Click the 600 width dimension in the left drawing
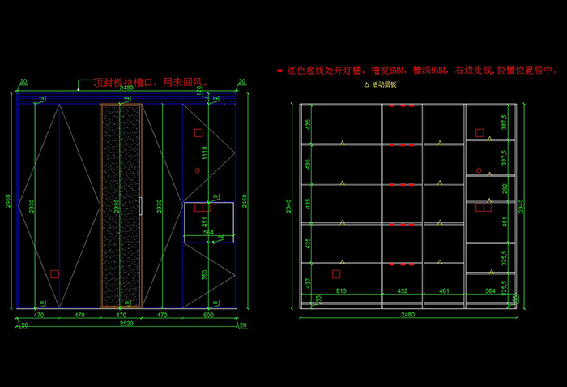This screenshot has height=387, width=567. pyautogui.click(x=208, y=314)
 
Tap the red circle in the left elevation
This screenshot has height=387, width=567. pyautogui.click(x=197, y=170)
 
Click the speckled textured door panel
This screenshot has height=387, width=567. pyautogui.click(x=121, y=206)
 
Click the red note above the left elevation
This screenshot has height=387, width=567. pyautogui.click(x=151, y=82)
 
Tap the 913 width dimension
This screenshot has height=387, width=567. pyautogui.click(x=342, y=290)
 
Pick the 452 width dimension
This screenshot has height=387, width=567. pyautogui.click(x=402, y=290)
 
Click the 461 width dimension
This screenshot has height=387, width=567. pyautogui.click(x=443, y=290)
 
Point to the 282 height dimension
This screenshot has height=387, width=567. pyautogui.click(x=504, y=188)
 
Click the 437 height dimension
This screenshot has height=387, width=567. pyautogui.click(x=308, y=282)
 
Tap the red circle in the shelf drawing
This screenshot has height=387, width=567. pyautogui.click(x=479, y=170)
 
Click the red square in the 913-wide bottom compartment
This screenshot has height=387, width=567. pyautogui.click(x=336, y=274)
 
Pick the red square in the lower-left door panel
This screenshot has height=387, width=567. pyautogui.click(x=55, y=274)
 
